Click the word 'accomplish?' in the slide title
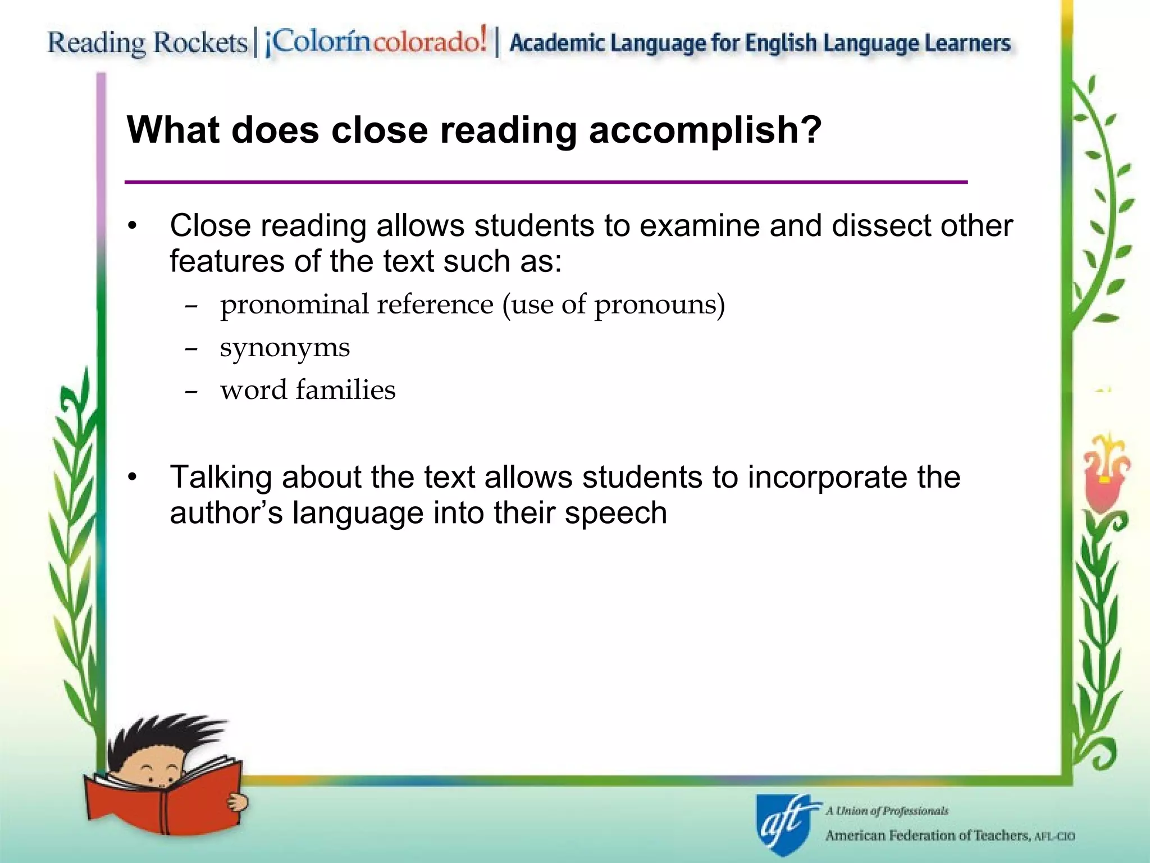pyautogui.click(x=705, y=131)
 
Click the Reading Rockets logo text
pyautogui.click(x=147, y=43)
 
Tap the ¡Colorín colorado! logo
pyautogui.click(x=376, y=42)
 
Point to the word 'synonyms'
pyautogui.click(x=285, y=348)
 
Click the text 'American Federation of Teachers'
pyautogui.click(x=927, y=836)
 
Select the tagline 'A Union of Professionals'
pyautogui.click(x=887, y=811)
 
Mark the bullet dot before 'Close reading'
pyautogui.click(x=133, y=226)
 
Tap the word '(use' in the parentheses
pyautogui.click(x=527, y=305)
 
